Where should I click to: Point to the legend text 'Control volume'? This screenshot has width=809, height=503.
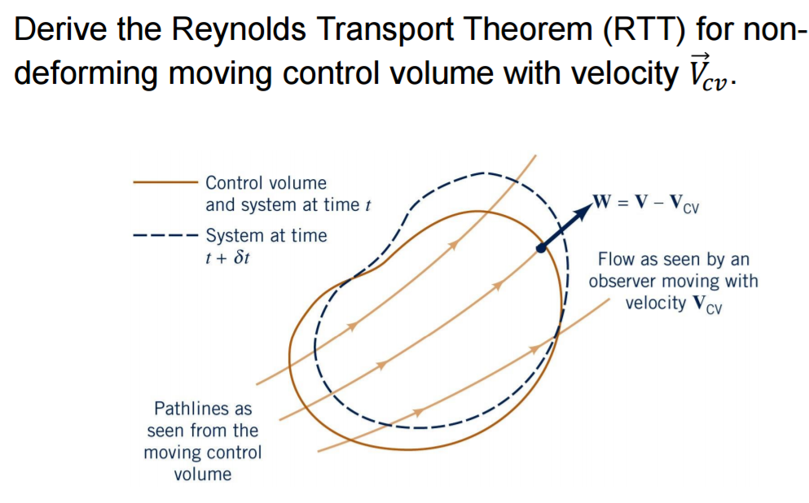(266, 183)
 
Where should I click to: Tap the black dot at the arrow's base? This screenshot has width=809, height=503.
(540, 249)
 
